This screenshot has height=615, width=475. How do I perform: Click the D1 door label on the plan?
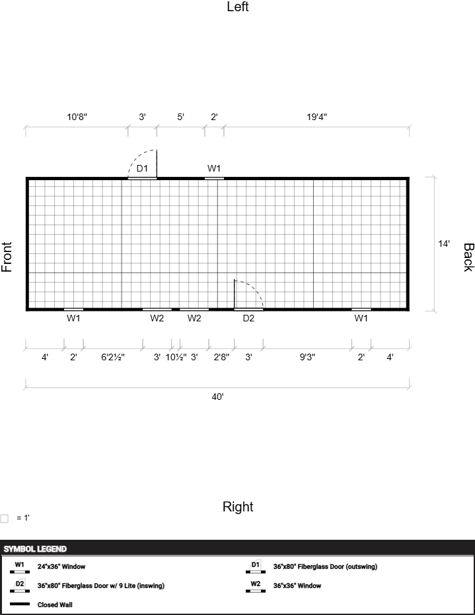tap(142, 168)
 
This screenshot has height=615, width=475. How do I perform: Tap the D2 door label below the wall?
tap(248, 318)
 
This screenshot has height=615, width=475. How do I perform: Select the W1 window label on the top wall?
tap(214, 168)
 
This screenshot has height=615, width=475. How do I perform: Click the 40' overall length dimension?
tap(217, 397)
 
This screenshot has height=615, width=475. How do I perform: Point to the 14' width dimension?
tap(444, 243)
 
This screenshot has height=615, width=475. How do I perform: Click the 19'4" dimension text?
tap(317, 117)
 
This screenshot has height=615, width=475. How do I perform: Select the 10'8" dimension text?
tap(77, 117)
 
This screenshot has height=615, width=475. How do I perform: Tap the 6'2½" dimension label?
tap(113, 357)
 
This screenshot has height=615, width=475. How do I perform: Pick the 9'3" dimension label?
tap(307, 357)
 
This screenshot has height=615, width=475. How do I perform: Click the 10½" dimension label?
tap(176, 357)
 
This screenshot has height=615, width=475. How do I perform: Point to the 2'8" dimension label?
tap(221, 357)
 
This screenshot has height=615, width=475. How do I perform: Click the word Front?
tap(7, 257)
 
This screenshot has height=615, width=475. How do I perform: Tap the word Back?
tap(468, 257)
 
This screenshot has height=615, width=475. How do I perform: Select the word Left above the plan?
tap(238, 7)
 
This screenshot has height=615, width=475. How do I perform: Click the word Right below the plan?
tap(238, 506)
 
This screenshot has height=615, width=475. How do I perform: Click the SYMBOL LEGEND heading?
tap(35, 549)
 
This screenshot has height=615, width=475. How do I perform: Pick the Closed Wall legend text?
tap(55, 605)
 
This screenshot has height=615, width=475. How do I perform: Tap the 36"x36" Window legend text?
tap(297, 585)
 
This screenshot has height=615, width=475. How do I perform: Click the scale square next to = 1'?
tap(5, 519)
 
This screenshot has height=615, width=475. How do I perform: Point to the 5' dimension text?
tap(180, 117)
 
